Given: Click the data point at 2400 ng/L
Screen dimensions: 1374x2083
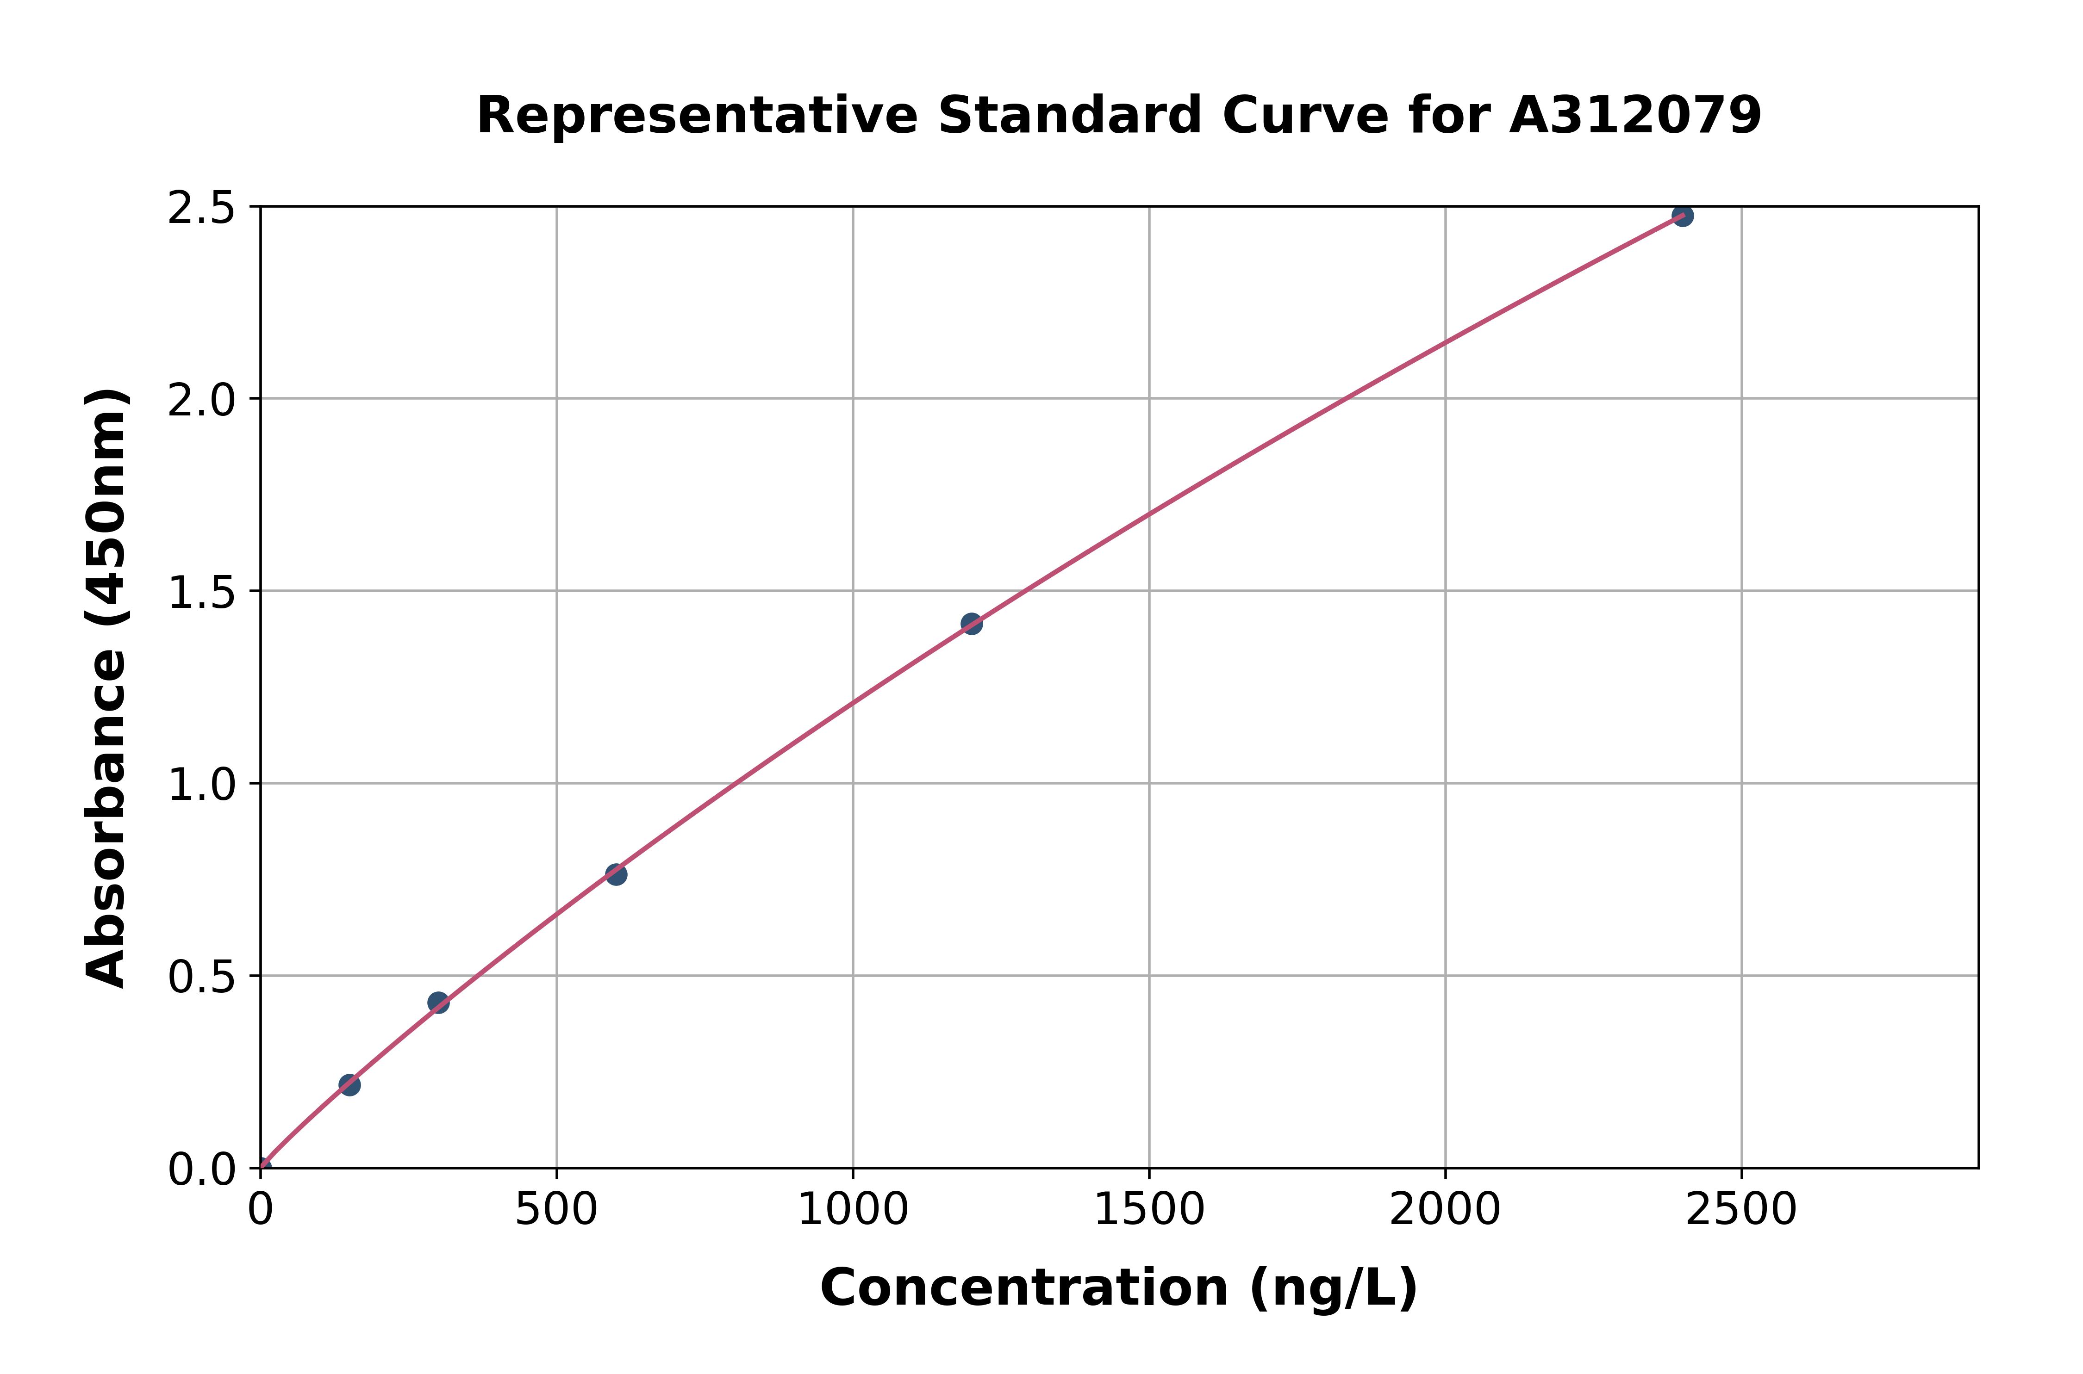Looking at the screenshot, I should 1682,216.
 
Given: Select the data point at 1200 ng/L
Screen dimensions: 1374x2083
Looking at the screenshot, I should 971,624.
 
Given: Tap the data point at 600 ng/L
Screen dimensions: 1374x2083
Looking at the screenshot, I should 616,873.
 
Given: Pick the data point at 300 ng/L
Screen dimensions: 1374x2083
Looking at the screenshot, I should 438,1003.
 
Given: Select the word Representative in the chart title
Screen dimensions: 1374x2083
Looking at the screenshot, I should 697,116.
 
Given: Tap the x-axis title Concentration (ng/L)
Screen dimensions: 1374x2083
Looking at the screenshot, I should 1119,1288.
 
